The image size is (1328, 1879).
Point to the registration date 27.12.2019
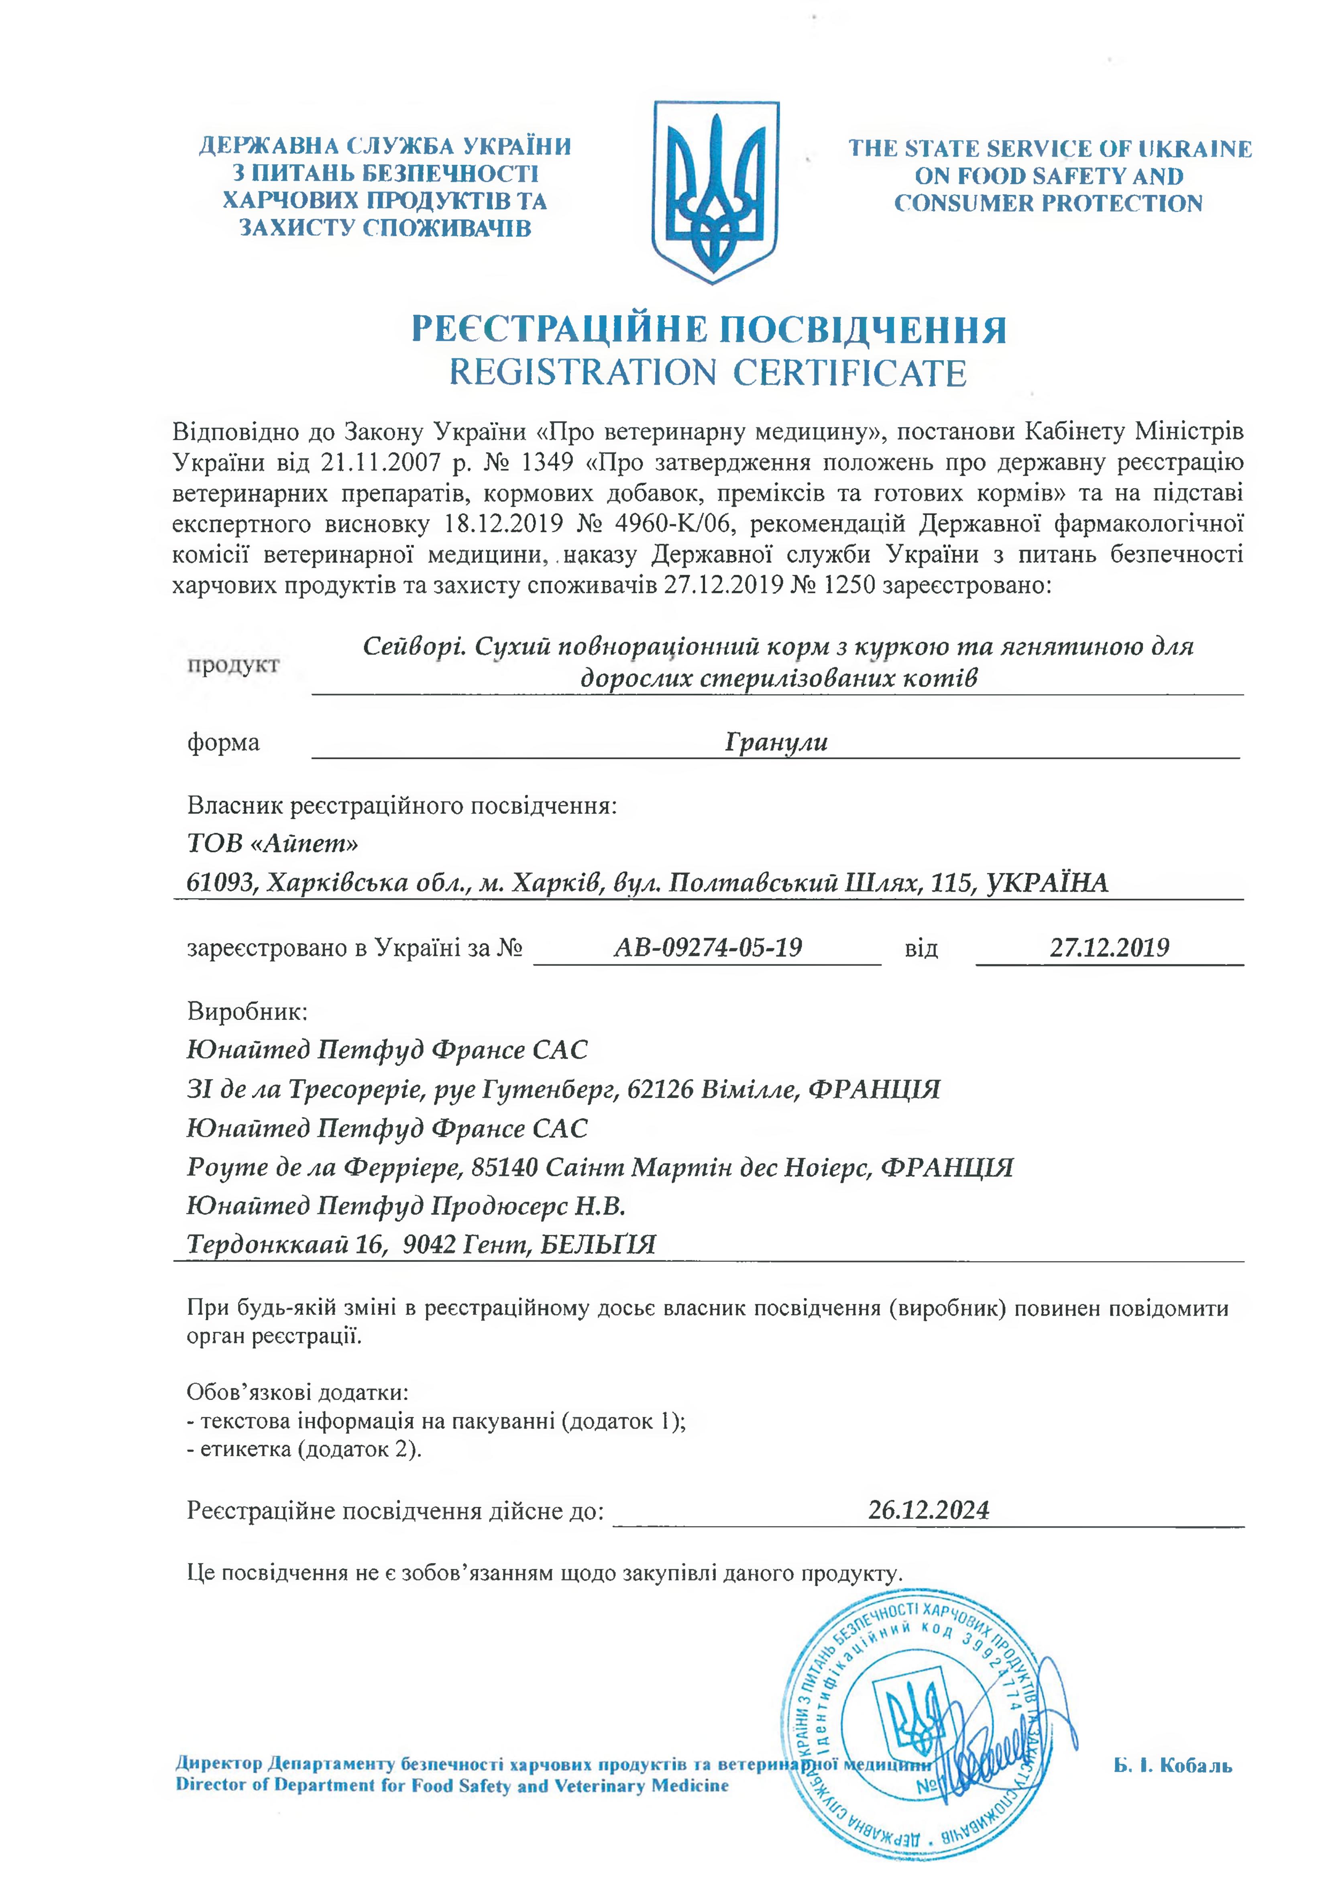click(1110, 948)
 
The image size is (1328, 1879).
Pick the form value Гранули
click(776, 742)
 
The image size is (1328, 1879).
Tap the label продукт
click(233, 664)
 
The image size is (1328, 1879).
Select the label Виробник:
click(247, 1011)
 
